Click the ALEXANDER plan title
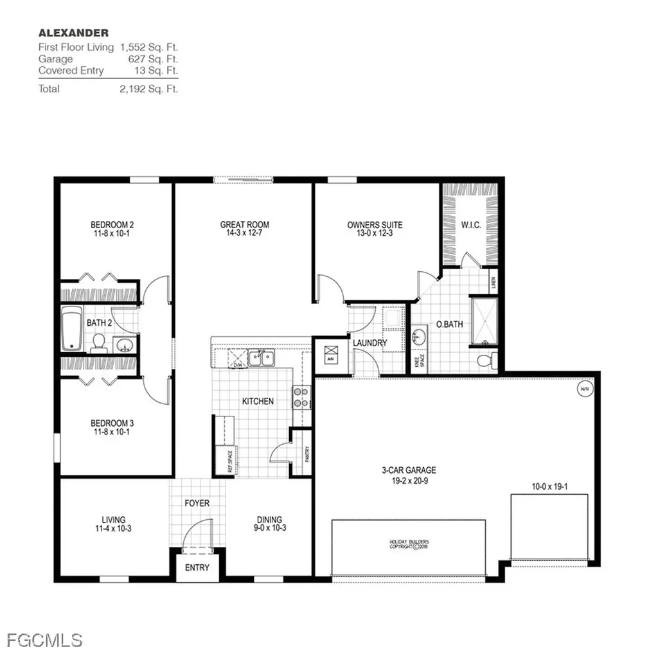[x=73, y=32]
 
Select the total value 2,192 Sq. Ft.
[x=148, y=89]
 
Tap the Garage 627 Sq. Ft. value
[x=153, y=59]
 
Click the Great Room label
[x=244, y=225]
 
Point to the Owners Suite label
[x=375, y=225]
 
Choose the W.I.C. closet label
[x=470, y=225]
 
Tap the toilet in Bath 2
[x=99, y=343]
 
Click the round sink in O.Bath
[x=419, y=336]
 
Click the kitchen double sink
[x=262, y=357]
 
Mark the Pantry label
[x=307, y=454]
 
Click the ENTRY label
[x=197, y=567]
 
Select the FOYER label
[x=197, y=503]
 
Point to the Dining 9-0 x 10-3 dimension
[x=269, y=528]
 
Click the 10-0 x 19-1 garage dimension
[x=549, y=487]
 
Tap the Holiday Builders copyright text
[x=409, y=544]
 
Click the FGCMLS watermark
[x=45, y=640]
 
